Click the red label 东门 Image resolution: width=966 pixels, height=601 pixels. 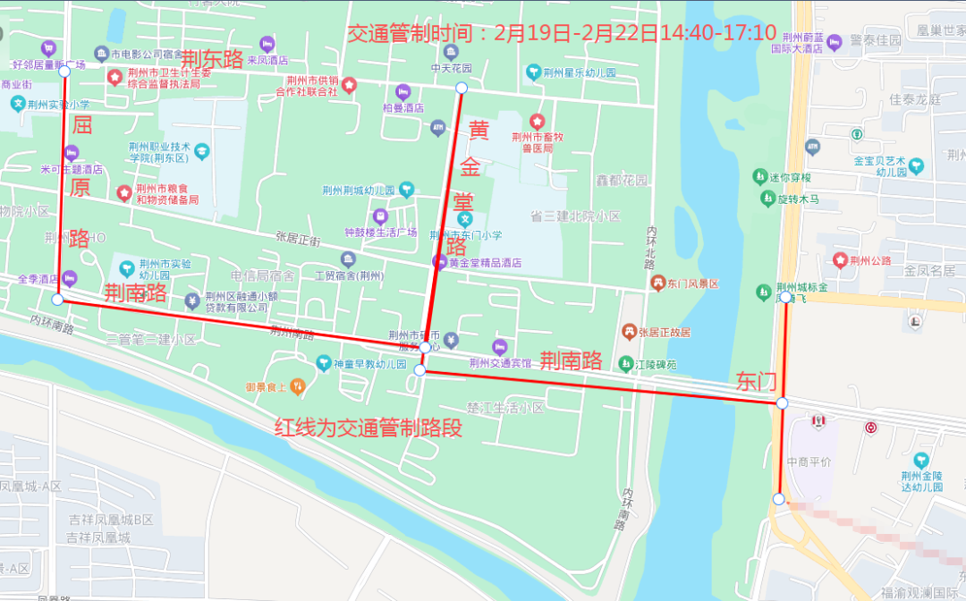click(x=756, y=382)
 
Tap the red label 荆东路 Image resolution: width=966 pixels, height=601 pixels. click(x=212, y=60)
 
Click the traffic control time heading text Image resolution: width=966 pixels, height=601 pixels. click(x=561, y=34)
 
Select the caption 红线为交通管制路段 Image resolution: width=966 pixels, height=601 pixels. click(x=369, y=428)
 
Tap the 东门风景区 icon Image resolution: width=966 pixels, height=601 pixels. click(x=657, y=284)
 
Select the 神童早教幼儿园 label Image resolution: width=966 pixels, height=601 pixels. click(x=370, y=364)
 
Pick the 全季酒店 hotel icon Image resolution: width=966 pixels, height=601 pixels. click(x=70, y=278)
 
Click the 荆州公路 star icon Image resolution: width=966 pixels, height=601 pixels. click(x=840, y=260)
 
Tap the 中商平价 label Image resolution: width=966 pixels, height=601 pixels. click(x=809, y=461)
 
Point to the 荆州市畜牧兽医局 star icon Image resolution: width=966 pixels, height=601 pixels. click(x=537, y=121)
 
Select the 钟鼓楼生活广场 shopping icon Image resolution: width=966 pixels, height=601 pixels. click(x=380, y=216)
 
